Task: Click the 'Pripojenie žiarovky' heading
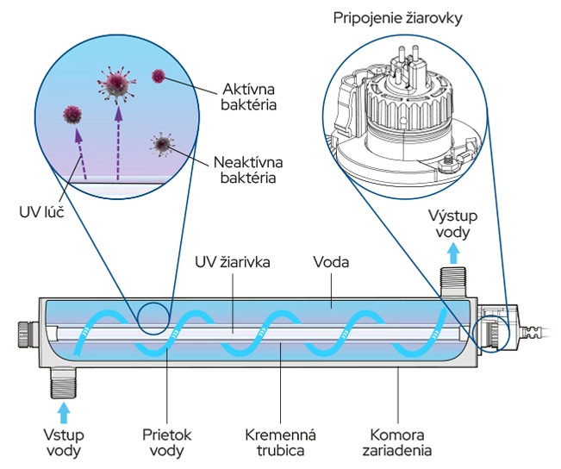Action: (404, 17)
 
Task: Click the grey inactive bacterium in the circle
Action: (161, 142)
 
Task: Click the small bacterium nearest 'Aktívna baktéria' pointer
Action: (158, 76)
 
